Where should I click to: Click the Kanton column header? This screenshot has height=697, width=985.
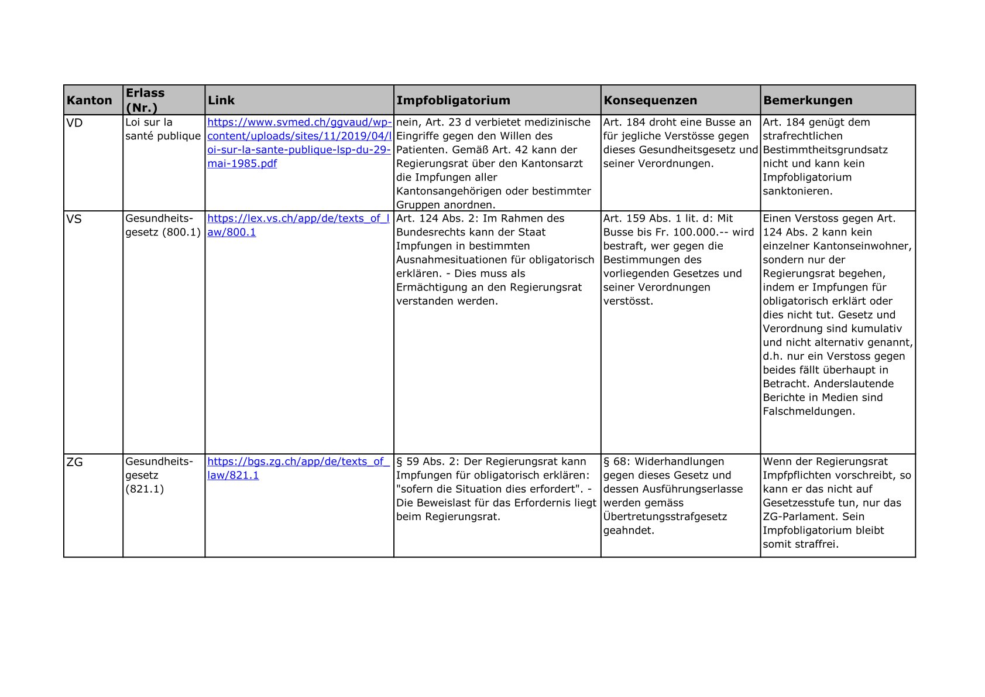point(89,100)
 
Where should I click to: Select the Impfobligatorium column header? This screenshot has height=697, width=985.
point(453,100)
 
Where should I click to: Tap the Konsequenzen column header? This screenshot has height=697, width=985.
point(650,100)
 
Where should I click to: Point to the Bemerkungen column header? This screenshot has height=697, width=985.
point(808,100)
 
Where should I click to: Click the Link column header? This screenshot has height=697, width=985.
point(221,100)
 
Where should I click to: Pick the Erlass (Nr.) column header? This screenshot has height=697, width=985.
point(145,100)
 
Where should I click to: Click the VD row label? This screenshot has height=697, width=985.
point(75,122)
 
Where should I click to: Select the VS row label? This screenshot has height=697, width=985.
point(74,219)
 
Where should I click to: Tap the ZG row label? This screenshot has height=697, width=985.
point(75,462)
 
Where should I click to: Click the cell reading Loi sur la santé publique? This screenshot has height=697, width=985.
point(162,129)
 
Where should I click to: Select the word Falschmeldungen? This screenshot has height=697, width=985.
point(809,411)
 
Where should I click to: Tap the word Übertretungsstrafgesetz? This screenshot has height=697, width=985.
point(665,517)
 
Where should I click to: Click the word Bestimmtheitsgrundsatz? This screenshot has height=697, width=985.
point(825,150)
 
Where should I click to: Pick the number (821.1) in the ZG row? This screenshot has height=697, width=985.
point(145,489)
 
